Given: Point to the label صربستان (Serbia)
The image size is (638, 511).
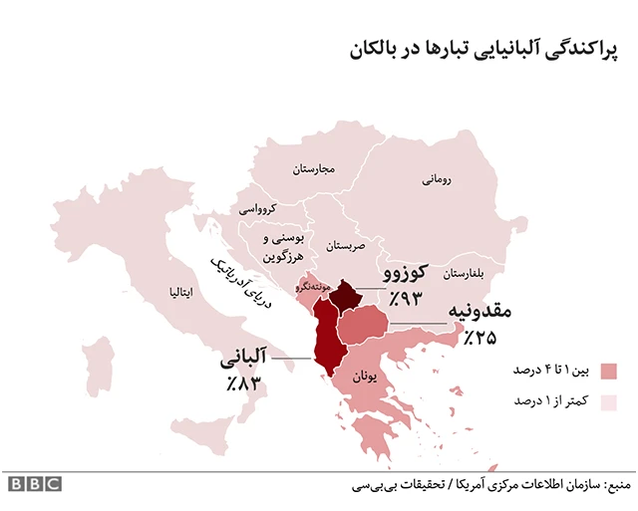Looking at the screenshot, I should click(347, 244).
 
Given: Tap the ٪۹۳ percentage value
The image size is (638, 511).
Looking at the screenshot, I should click(407, 298).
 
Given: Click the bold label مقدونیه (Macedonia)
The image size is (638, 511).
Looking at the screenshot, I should click(478, 312).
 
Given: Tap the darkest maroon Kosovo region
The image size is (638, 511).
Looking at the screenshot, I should click(346, 294).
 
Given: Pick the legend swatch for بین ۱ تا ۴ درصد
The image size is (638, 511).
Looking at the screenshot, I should click(609, 372).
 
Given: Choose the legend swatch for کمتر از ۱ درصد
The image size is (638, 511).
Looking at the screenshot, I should click(609, 401).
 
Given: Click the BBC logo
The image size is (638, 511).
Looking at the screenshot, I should click(35, 484).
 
